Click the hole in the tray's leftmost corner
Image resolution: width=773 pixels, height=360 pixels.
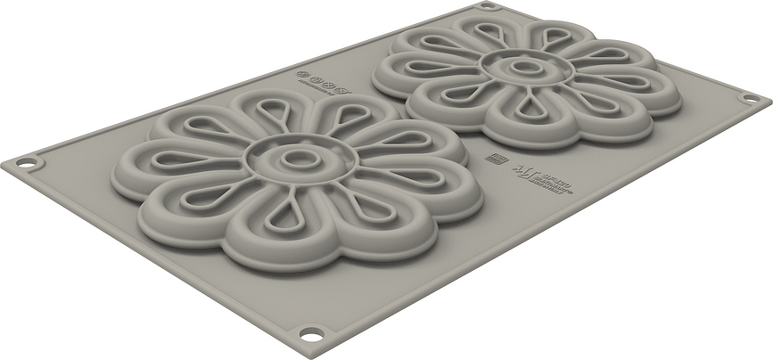27,163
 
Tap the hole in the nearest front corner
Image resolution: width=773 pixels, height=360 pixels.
311,334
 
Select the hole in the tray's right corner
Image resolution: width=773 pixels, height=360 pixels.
751,97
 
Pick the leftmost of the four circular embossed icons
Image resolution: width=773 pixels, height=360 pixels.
304,76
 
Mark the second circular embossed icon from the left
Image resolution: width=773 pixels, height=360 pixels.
317,78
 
